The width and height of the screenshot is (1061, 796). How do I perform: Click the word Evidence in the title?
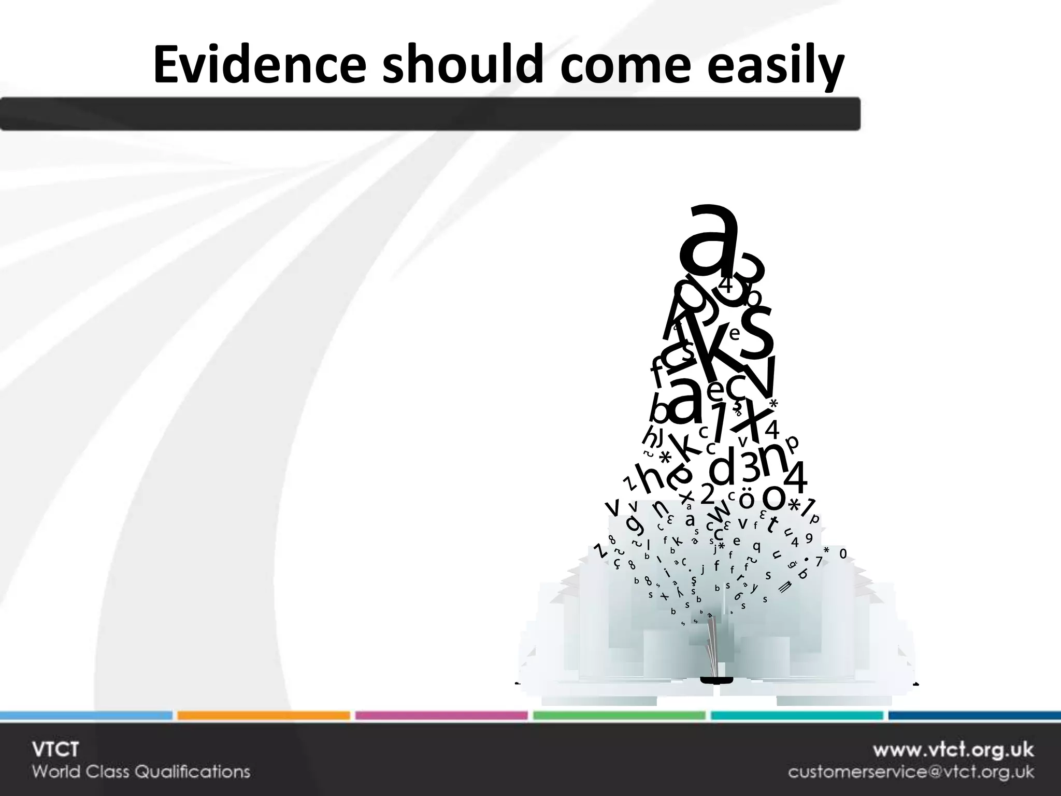coord(259,66)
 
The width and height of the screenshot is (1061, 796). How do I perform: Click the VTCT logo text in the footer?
coord(55,749)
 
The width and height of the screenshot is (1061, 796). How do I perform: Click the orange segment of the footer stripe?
coord(263,716)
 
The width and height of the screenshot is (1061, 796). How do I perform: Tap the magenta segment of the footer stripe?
coord(441,716)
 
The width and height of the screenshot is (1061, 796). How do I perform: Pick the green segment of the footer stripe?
coord(619,716)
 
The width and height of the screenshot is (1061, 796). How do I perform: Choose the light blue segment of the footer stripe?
coord(85,716)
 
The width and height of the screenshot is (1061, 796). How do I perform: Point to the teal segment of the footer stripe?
coord(797,716)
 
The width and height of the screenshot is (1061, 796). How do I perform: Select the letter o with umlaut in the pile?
coord(747,499)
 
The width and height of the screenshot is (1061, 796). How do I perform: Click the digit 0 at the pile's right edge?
coord(843,554)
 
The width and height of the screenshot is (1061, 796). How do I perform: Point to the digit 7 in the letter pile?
coord(819,561)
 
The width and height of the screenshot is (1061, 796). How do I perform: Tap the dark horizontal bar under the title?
coord(430,113)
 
